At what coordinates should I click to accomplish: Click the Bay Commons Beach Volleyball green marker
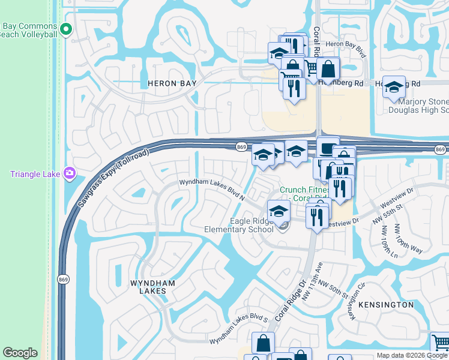point(67,28)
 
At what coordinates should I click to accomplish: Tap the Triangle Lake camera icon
point(70,173)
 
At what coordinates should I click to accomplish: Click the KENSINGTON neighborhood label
point(385,305)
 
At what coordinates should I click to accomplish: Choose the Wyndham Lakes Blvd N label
point(212,188)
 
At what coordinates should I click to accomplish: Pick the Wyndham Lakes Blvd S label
point(238,329)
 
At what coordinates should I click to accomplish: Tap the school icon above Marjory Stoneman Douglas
point(394,88)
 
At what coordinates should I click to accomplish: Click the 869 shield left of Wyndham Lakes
point(63,279)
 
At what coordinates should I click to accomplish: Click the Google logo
point(20,352)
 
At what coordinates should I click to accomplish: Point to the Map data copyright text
point(412,356)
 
